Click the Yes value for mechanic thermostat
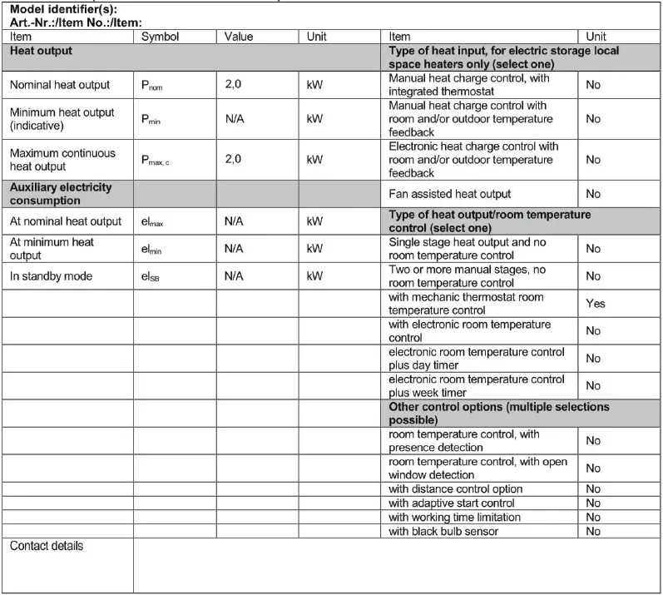tap(595, 304)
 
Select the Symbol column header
tap(160, 37)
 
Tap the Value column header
tap(239, 37)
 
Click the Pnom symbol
tap(153, 86)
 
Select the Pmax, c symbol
tap(156, 160)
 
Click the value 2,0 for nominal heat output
tap(233, 85)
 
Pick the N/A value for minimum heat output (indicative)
tap(234, 119)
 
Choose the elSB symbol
tap(151, 276)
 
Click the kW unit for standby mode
tap(314, 276)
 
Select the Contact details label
tap(47, 546)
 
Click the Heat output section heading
tap(41, 51)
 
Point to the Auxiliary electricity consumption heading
tap(60, 194)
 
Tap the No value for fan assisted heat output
tap(593, 194)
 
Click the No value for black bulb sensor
tap(593, 531)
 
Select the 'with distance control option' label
tap(456, 489)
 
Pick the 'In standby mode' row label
tap(51, 276)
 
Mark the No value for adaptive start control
tap(593, 503)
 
